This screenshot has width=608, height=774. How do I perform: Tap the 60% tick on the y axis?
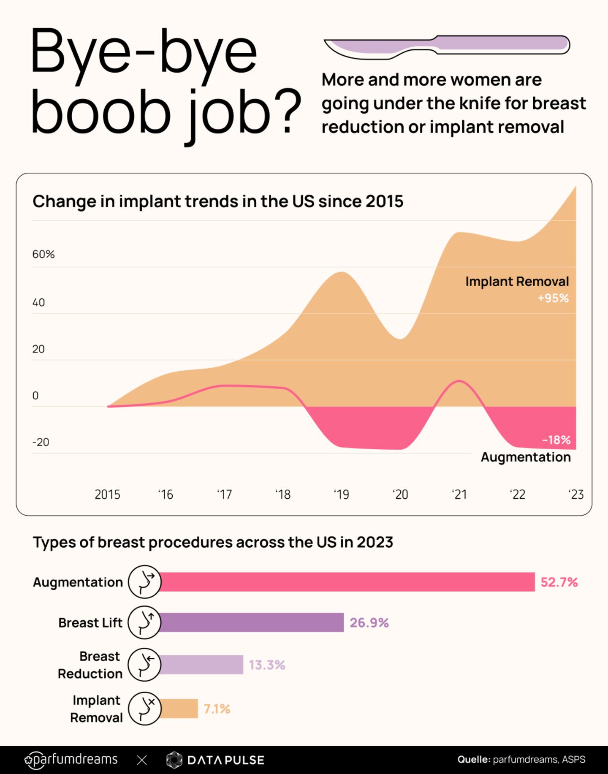tap(43, 254)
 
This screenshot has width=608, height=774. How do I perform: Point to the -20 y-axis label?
tap(41, 442)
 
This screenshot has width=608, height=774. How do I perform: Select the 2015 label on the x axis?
tap(107, 494)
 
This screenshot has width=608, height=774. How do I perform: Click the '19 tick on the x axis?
tap(341, 494)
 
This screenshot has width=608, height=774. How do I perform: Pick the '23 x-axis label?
tap(576, 494)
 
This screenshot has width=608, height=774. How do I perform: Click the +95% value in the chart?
tap(553, 298)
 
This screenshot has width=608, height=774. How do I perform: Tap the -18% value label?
tap(556, 440)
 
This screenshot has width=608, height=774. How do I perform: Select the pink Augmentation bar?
tap(346, 582)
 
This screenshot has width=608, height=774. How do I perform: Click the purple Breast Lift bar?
tap(251, 622)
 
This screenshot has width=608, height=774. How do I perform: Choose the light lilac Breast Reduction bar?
tap(201, 665)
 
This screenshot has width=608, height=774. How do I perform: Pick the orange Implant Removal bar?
tap(179, 709)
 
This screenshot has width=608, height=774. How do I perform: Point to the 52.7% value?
tap(559, 582)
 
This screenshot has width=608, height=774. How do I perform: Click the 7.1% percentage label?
tap(217, 709)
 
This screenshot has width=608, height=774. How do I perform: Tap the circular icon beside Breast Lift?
tap(144, 622)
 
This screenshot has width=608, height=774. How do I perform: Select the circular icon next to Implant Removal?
tap(144, 709)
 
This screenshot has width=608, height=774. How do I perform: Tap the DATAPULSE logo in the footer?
tap(215, 760)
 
